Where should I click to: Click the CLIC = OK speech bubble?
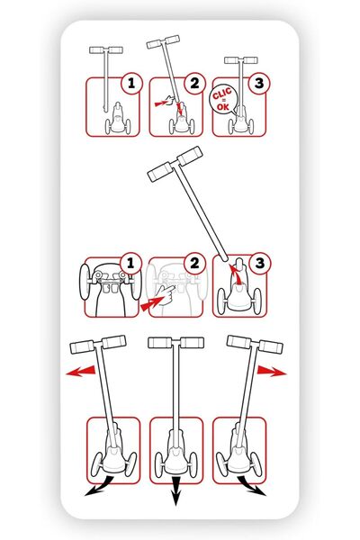[223, 99]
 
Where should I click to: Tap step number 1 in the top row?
[131, 83]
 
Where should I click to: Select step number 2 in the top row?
[194, 83]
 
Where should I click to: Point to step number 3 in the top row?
[258, 83]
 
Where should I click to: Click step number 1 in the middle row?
[130, 264]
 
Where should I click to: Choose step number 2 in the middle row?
[194, 264]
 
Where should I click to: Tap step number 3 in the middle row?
[260, 264]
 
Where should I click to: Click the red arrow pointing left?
[81, 371]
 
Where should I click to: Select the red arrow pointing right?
[272, 371]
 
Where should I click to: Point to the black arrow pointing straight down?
[176, 491]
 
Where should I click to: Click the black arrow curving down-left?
[100, 486]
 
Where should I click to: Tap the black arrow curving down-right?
[252, 486]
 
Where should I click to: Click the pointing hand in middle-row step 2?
[166, 293]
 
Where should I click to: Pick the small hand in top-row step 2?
[170, 101]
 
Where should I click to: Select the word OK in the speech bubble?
[223, 107]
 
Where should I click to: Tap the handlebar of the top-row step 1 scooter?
[106, 49]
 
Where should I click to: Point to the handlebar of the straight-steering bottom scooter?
[176, 343]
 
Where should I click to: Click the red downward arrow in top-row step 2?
[179, 109]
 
